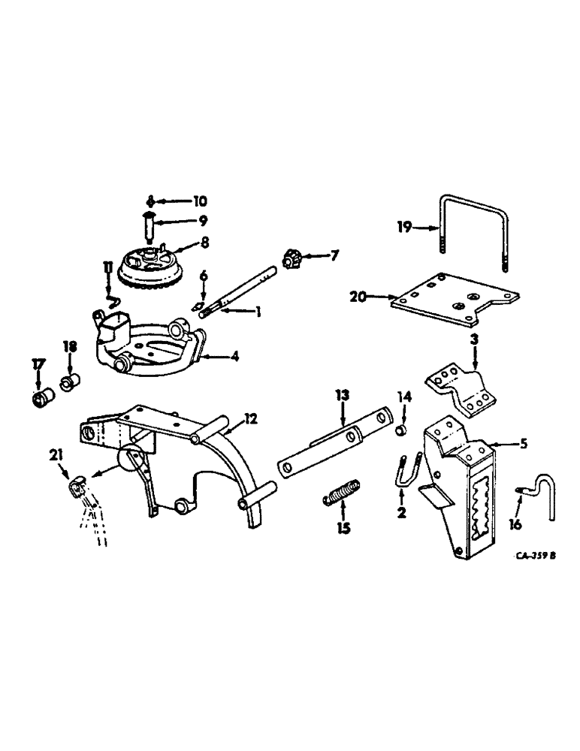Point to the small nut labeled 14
[403, 430]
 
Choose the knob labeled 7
[292, 259]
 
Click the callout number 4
[234, 358]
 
